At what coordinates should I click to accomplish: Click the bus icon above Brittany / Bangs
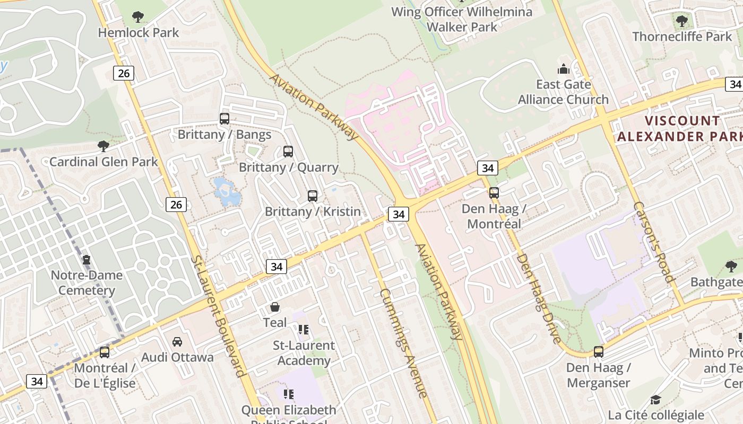[x=224, y=119]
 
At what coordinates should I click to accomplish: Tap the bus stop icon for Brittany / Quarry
[x=288, y=152]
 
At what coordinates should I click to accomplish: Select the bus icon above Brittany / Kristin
[x=313, y=196]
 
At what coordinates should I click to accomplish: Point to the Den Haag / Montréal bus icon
[x=494, y=193]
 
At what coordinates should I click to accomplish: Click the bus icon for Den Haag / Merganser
[x=598, y=352]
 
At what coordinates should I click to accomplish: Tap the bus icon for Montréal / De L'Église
[x=105, y=352]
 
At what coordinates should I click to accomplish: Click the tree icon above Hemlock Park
[x=138, y=17]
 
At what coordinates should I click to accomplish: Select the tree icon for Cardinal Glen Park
[x=103, y=146]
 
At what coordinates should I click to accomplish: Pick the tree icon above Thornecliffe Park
[x=682, y=21]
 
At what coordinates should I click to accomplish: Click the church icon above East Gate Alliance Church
[x=563, y=69]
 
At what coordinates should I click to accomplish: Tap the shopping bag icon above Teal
[x=275, y=307]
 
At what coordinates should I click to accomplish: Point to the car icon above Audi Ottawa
[x=177, y=342]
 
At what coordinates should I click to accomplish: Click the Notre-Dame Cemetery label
[x=87, y=282]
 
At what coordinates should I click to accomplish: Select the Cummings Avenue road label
[x=403, y=342]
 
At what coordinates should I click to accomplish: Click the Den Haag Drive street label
[x=539, y=298]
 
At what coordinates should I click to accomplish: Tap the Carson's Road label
[x=653, y=242]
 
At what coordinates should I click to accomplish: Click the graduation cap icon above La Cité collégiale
[x=656, y=400]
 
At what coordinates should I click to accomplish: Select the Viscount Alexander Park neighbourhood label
[x=679, y=129]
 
